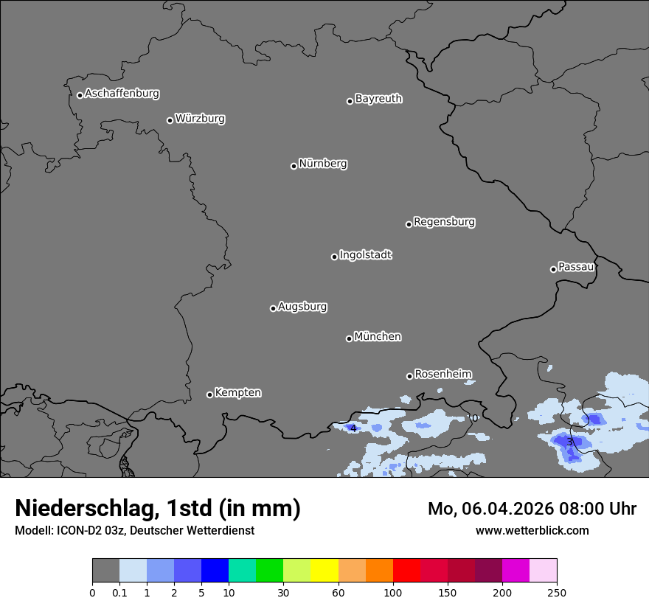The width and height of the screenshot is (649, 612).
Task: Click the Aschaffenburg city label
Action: click(122, 94)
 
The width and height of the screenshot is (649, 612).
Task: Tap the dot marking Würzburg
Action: click(170, 120)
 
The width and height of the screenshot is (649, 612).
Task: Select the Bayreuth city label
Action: click(378, 99)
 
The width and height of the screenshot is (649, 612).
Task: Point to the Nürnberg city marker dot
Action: click(294, 166)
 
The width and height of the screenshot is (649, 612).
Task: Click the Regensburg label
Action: click(444, 222)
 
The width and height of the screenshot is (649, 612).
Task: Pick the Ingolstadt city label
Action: click(365, 255)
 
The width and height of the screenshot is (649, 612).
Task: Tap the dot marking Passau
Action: click(553, 269)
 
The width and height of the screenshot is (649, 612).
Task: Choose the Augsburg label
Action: click(302, 307)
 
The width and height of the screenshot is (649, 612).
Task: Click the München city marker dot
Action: click(349, 338)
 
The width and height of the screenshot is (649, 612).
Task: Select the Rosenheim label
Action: click(442, 374)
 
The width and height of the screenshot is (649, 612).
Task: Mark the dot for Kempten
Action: click(209, 394)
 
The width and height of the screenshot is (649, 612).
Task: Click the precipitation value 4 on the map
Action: click(353, 428)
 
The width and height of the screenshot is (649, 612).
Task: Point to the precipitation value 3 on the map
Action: click(569, 442)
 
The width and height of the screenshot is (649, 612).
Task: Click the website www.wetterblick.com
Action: click(532, 530)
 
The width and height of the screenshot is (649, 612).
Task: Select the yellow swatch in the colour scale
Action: click(324, 571)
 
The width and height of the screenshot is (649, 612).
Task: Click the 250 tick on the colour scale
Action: click(557, 592)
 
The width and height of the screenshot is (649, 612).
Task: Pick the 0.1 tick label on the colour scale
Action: click(119, 592)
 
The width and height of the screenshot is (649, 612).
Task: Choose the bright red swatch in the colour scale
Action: click(406, 571)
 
